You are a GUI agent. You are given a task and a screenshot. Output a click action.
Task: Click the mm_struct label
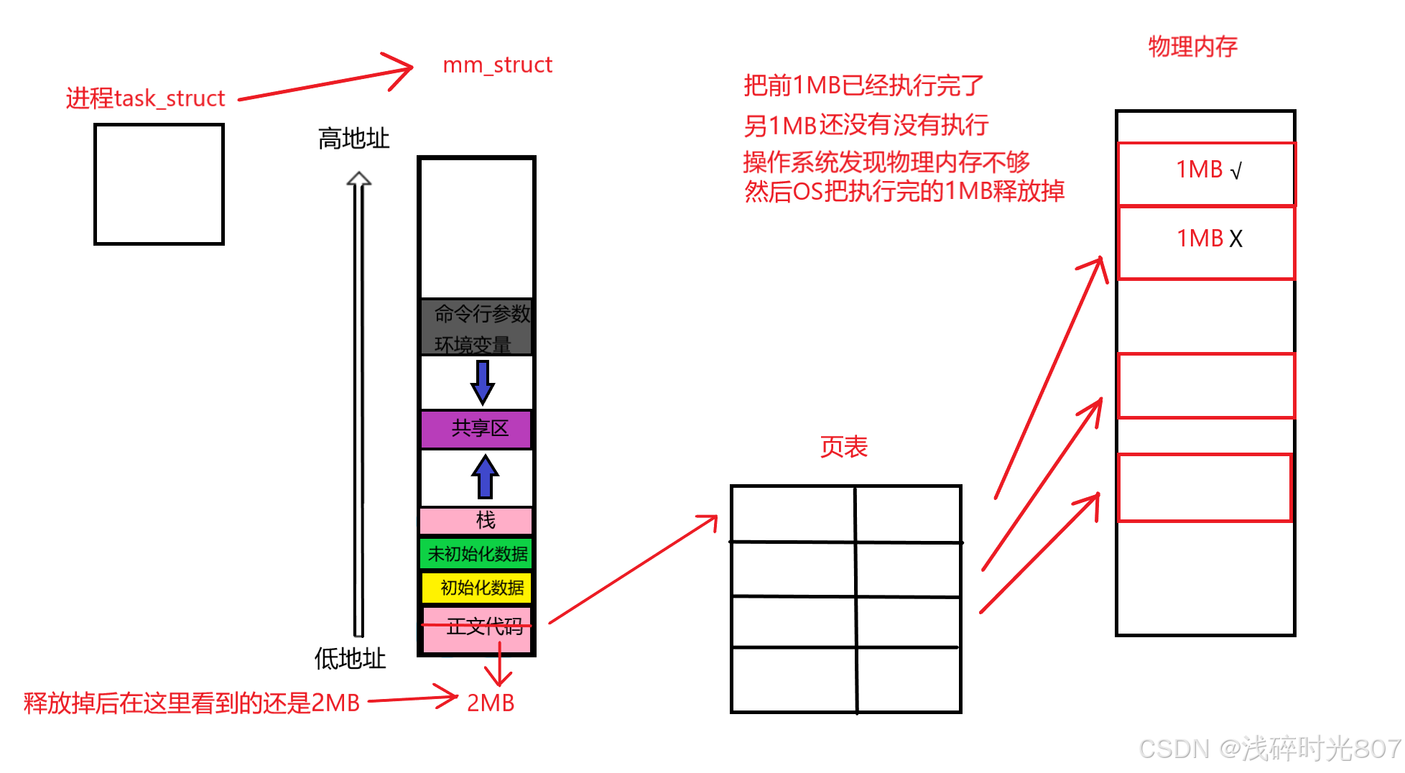point(497,65)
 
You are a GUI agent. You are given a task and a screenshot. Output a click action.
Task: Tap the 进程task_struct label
point(146,98)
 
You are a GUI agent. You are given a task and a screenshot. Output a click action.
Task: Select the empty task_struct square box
point(159,184)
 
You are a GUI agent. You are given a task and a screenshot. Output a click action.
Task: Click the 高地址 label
point(353,139)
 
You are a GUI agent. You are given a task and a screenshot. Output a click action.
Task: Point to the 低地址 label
point(350,658)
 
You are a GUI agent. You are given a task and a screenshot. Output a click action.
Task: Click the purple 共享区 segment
point(478,429)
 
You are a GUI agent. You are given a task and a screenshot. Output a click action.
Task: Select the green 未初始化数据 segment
point(477,554)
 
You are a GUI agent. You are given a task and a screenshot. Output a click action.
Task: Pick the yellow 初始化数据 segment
point(478,588)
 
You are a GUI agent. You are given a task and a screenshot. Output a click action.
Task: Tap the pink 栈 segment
point(478,520)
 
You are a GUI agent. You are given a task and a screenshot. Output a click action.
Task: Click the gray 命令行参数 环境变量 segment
point(477,327)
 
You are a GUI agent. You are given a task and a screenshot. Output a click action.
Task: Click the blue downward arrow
point(483,382)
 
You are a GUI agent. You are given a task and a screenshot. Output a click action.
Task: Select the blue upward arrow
point(486,476)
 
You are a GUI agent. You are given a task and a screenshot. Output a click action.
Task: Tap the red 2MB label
point(491,703)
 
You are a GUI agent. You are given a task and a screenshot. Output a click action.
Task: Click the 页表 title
point(844,447)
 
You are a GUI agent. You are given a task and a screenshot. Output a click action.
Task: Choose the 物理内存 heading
point(1192,47)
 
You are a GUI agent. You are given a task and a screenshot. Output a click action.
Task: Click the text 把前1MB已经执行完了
point(863,85)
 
